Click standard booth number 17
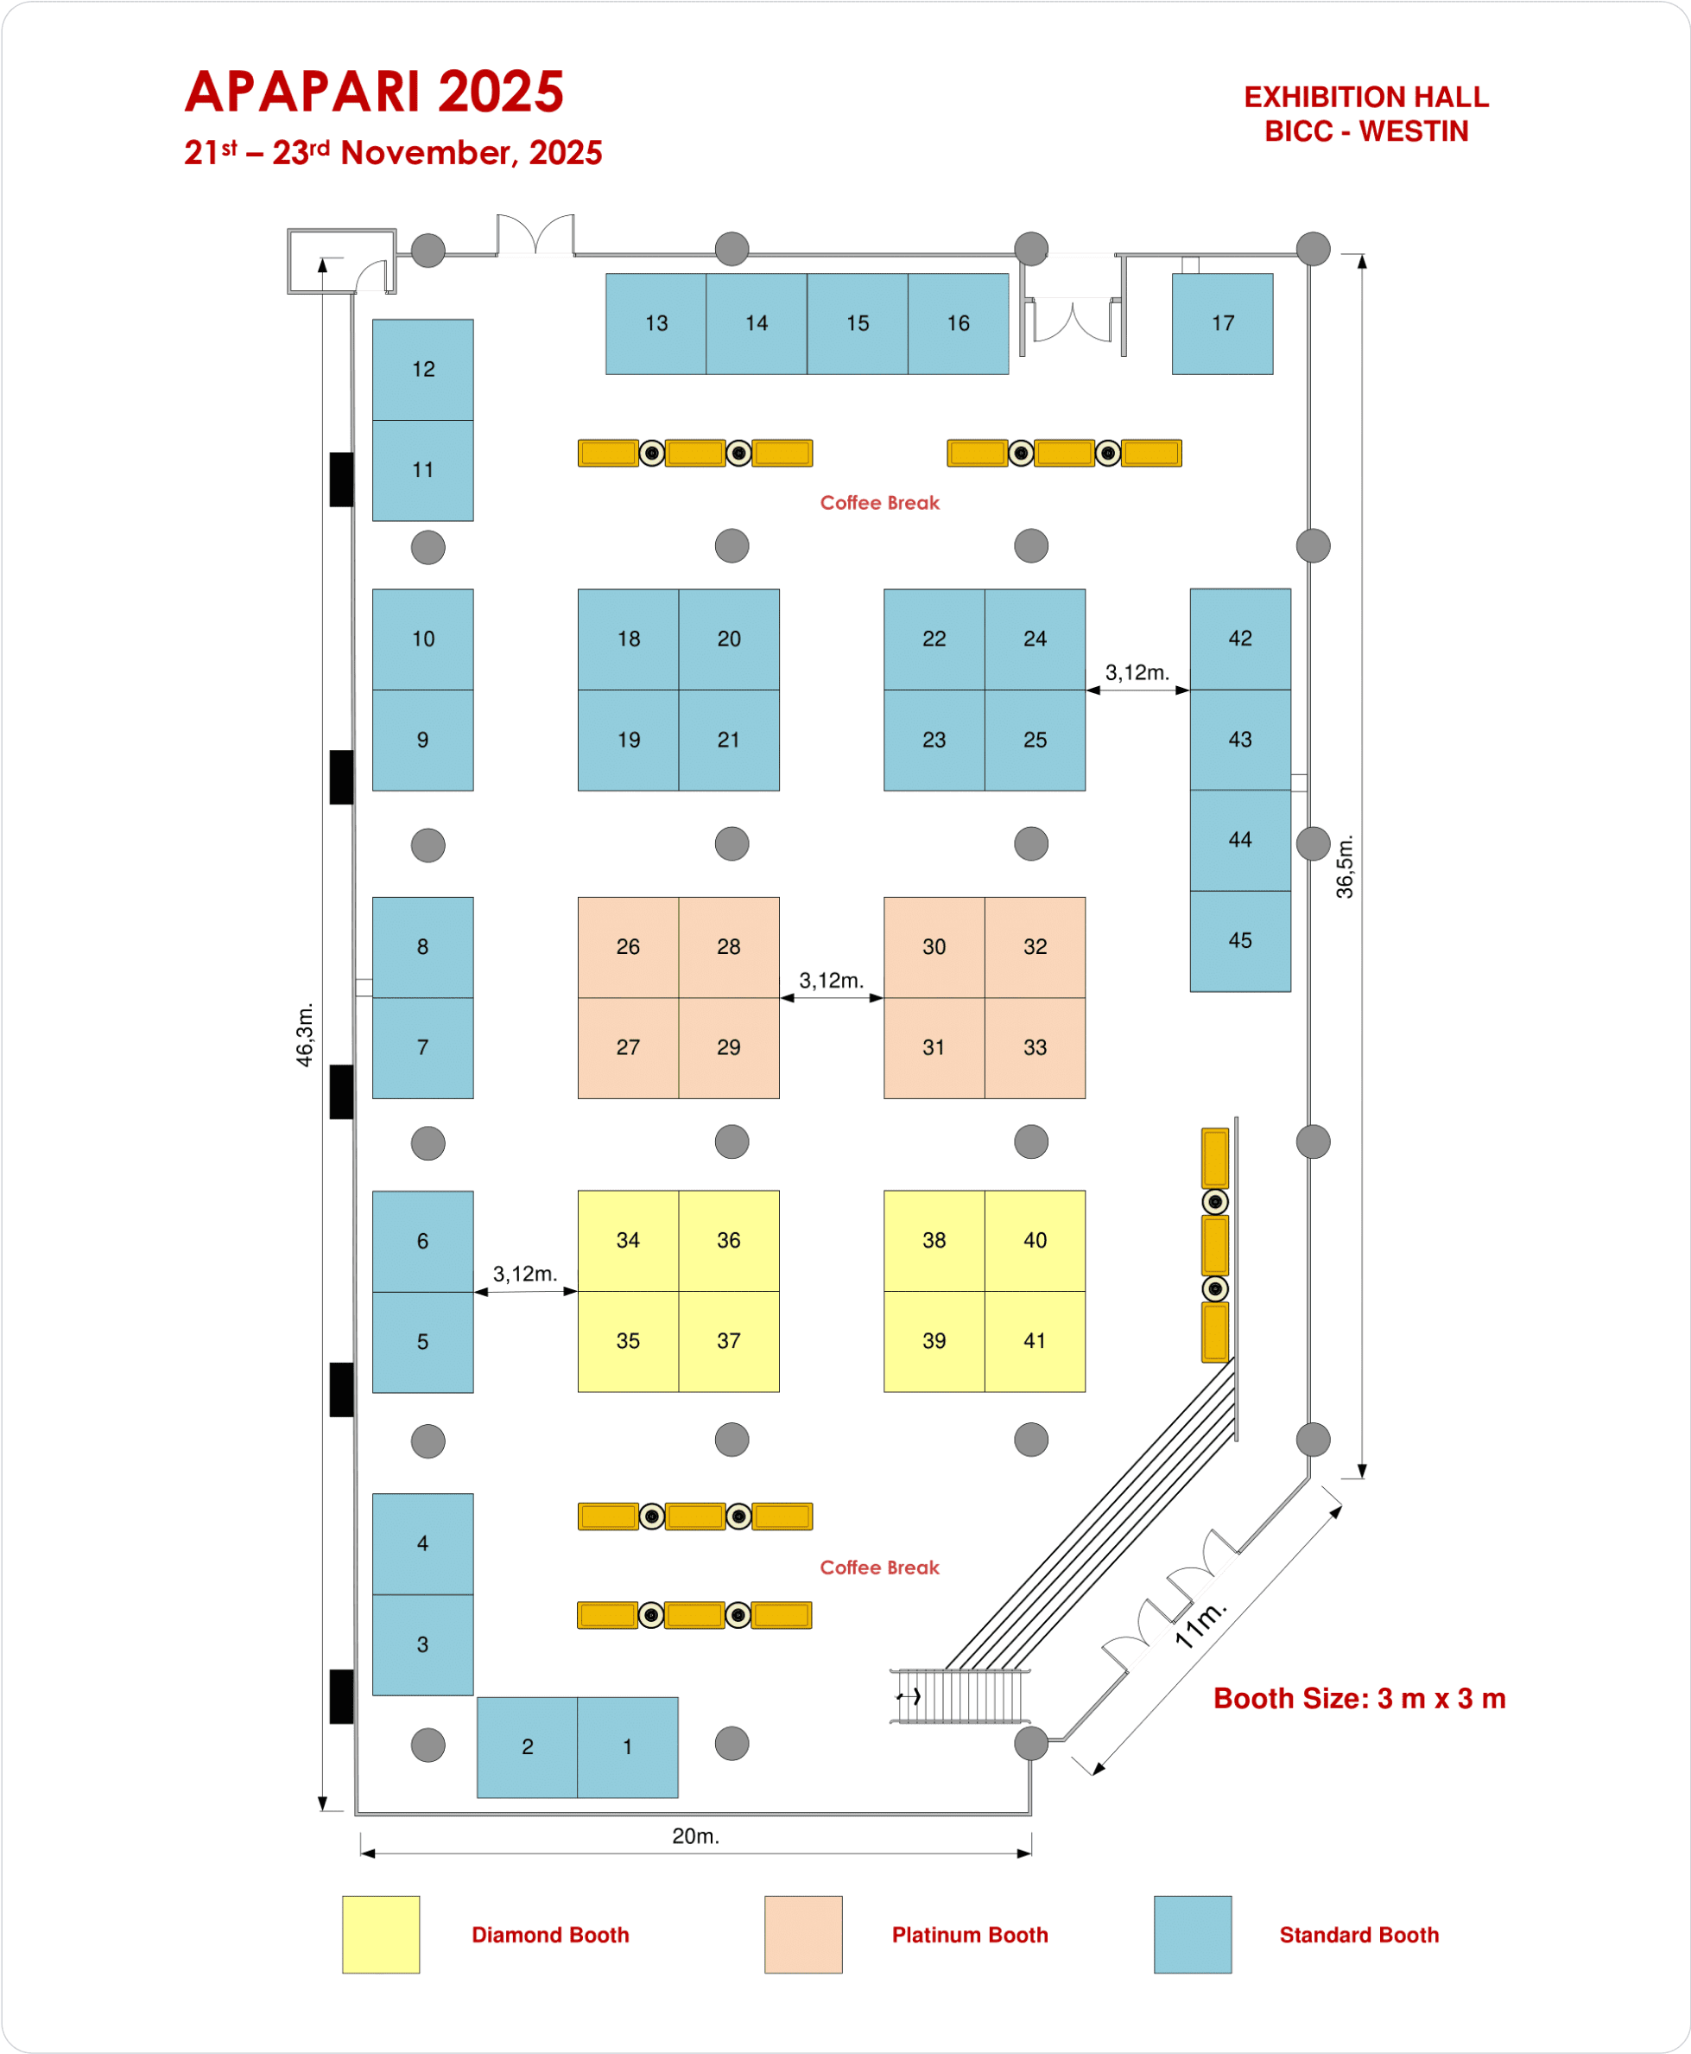[1221, 323]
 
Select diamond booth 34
[627, 1240]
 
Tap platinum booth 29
[729, 1047]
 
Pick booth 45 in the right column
[1240, 940]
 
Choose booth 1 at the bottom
[627, 1747]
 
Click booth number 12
[423, 369]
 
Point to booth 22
[934, 639]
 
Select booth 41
[1035, 1341]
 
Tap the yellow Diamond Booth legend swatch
[381, 1934]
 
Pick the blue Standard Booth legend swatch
[1193, 1934]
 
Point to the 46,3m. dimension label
[305, 1035]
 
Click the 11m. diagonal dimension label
[1200, 1625]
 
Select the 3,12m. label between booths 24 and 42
[1137, 672]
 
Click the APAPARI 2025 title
[374, 92]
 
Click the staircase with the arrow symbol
[960, 1696]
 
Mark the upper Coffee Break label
[879, 503]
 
